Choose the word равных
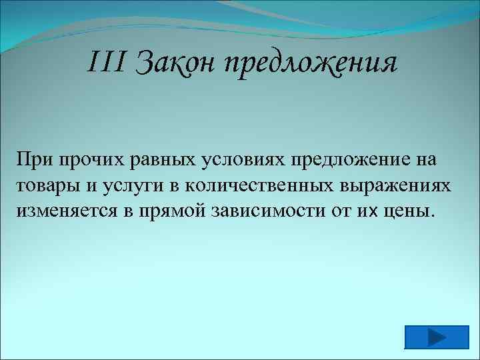point(162,161)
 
